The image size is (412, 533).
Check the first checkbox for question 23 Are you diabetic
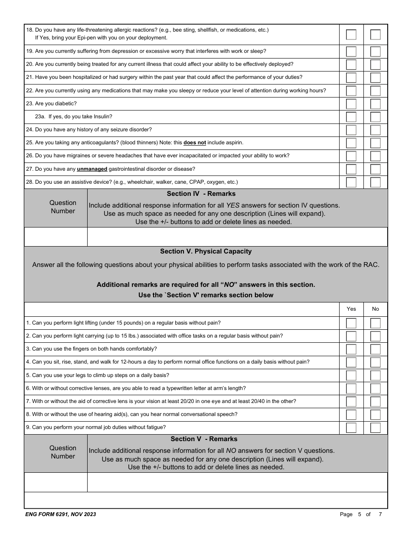[351, 104]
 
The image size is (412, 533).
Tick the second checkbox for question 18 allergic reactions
[376, 35]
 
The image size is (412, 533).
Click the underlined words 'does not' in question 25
[195, 143]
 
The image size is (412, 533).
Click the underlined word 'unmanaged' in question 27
[92, 169]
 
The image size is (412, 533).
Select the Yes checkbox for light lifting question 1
[351, 323]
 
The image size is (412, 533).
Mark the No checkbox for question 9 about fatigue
[376, 428]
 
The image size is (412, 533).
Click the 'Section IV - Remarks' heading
[201, 194]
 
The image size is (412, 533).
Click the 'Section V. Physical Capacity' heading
[206, 251]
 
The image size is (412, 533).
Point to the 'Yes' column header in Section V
[351, 309]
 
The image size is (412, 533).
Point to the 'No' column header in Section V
[376, 309]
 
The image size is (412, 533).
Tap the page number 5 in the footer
[360, 514]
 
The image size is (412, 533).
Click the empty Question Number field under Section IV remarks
[56, 237]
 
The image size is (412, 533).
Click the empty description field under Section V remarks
[237, 482]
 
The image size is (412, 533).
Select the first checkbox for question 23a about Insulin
[351, 117]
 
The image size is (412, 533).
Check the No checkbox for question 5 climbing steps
[376, 375]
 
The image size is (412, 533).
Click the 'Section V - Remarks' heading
[204, 439]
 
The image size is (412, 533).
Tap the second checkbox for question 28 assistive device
[376, 182]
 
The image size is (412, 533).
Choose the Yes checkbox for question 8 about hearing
[351, 415]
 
